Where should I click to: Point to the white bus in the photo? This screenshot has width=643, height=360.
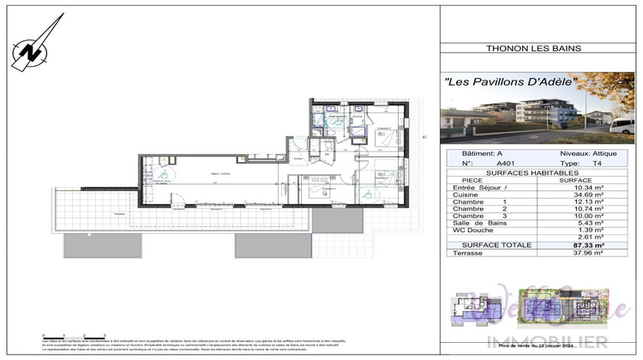click(x=624, y=125)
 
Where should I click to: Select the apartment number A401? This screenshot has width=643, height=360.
click(x=484, y=163)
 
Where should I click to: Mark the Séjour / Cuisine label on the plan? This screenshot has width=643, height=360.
click(x=204, y=172)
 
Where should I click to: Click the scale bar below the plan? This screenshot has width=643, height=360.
click(x=74, y=336)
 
